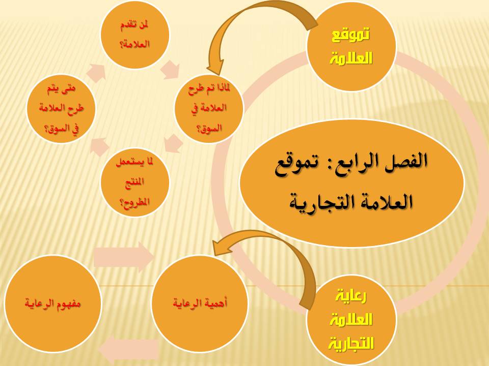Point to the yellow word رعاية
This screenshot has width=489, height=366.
tap(351, 296)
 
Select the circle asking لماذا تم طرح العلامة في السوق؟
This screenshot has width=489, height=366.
tap(209, 109)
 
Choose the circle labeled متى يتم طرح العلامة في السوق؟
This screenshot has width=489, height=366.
tap(61, 109)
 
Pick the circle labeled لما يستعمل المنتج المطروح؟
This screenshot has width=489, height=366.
tap(134, 182)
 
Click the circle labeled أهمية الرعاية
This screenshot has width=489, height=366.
tap(200, 303)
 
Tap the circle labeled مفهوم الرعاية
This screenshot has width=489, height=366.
tap(52, 303)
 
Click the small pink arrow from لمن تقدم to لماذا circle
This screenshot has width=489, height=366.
tap(170, 69)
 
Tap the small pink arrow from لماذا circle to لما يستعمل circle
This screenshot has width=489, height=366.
tap(173, 143)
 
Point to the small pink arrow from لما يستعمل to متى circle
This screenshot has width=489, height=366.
tap(99, 146)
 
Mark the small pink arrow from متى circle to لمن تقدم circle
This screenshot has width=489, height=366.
tap(96, 73)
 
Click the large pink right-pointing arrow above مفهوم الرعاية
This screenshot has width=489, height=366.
tap(124, 257)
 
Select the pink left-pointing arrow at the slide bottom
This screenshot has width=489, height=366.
tap(129, 350)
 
